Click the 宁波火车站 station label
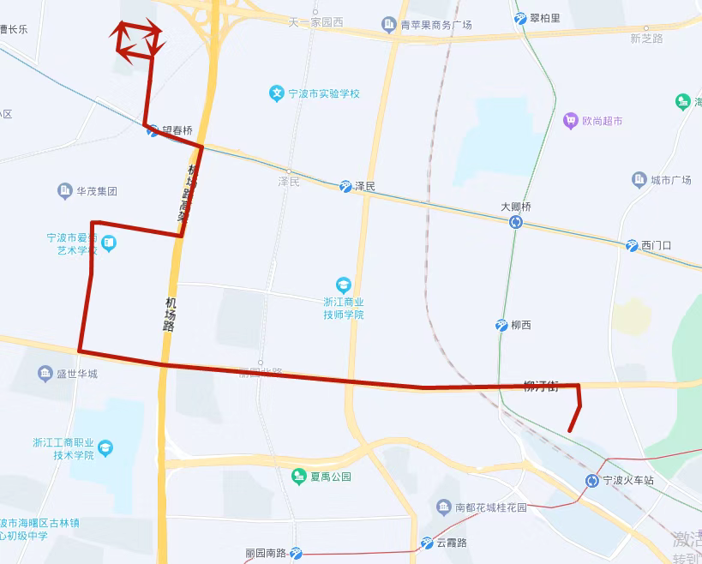click(628, 481)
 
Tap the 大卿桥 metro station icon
click(516, 223)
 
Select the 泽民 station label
click(365, 187)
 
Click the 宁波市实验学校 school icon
click(276, 93)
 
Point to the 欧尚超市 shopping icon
click(570, 122)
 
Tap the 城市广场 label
click(670, 180)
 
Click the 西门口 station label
click(656, 246)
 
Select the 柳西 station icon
click(501, 326)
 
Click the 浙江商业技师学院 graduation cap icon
click(344, 285)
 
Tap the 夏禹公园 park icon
click(298, 477)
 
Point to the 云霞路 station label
click(451, 543)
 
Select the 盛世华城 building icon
click(45, 374)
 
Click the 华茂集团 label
click(97, 191)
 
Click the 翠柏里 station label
click(545, 18)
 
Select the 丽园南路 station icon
click(297, 553)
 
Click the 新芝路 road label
click(646, 39)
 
